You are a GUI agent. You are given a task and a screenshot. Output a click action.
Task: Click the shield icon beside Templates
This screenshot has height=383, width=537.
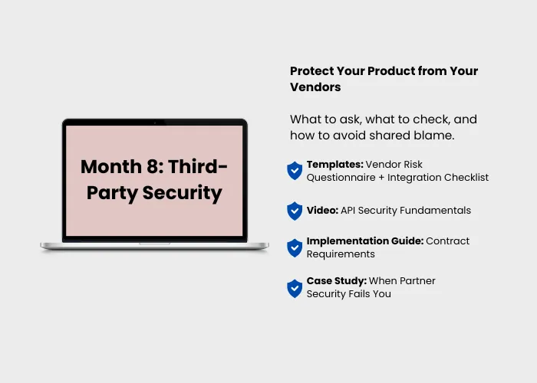(x=295, y=171)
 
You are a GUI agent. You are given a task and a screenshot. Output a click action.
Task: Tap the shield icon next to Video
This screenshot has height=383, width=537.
(x=295, y=211)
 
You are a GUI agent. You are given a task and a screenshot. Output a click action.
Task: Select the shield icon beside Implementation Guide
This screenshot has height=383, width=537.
(x=295, y=248)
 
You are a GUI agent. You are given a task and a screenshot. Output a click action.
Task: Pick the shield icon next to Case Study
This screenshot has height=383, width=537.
(x=295, y=289)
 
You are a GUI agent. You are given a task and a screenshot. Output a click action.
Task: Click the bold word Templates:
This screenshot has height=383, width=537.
(x=335, y=165)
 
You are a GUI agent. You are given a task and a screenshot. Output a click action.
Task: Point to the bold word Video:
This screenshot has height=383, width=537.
(x=322, y=211)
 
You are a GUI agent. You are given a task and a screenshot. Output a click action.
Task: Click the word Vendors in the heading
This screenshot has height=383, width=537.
(x=315, y=87)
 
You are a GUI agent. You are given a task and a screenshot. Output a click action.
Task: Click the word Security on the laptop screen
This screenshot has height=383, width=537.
(x=183, y=193)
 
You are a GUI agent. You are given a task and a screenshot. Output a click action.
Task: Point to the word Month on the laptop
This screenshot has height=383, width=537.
(x=111, y=167)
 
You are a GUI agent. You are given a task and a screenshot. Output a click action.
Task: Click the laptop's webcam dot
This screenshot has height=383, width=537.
(x=155, y=123)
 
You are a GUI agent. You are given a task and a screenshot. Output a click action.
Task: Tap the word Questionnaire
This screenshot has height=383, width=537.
(x=341, y=178)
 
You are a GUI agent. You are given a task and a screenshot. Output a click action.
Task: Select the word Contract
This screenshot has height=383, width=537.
(x=447, y=241)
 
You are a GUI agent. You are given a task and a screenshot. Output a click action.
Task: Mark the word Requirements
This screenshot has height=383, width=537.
(x=341, y=254)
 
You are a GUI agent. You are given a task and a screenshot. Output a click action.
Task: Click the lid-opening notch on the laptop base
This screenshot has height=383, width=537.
(x=154, y=244)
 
